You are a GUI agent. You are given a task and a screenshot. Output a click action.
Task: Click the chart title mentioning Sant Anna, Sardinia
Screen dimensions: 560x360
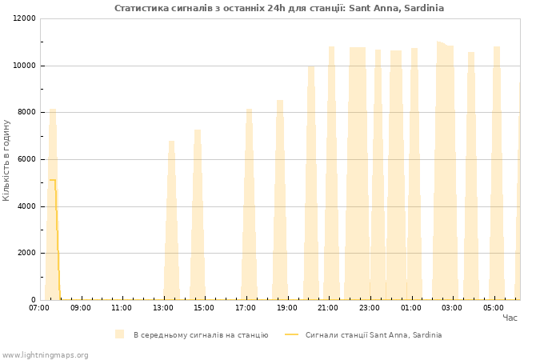tap(279, 8)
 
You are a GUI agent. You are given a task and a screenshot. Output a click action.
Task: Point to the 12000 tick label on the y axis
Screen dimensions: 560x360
tap(24, 18)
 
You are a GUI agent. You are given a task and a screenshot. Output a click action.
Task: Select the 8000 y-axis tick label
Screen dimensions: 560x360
tap(26, 112)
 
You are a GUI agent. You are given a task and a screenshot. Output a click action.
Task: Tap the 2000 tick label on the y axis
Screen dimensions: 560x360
tap(26, 253)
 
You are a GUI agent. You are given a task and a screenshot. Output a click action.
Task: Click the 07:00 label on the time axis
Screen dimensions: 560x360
tap(39, 308)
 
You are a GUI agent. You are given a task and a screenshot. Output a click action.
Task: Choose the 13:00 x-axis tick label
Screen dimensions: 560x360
tap(163, 308)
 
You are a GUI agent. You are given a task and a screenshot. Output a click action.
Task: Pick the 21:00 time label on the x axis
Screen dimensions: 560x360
tap(328, 308)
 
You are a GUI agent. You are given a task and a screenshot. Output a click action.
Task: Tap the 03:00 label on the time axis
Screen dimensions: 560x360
tap(452, 308)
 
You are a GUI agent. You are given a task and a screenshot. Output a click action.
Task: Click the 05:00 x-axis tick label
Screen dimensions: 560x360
tap(494, 308)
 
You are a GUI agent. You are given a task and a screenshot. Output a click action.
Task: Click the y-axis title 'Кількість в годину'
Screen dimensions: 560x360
tap(6, 160)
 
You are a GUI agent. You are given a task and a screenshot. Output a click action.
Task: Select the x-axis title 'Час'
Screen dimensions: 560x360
tap(510, 318)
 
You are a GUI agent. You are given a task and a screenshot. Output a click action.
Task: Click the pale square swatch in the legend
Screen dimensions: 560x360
tap(120, 334)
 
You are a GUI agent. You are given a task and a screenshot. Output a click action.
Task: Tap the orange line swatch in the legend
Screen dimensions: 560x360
tap(291, 334)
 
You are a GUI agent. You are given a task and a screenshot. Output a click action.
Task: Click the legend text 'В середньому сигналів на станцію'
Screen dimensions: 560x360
tap(201, 335)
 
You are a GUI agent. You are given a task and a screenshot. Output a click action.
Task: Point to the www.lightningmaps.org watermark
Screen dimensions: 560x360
tap(45, 355)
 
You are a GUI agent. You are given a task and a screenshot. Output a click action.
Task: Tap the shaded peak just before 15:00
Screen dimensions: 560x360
tap(198, 214)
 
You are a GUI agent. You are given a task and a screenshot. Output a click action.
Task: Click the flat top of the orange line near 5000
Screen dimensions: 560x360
tap(53, 180)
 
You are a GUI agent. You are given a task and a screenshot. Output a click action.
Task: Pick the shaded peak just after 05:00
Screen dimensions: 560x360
tap(497, 174)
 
